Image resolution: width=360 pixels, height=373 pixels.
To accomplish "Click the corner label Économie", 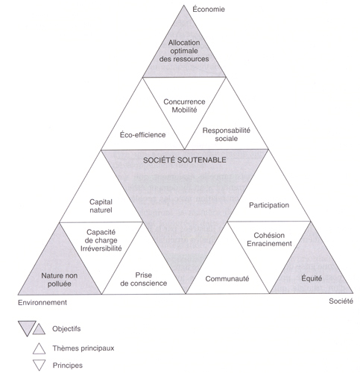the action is [x=209, y=9].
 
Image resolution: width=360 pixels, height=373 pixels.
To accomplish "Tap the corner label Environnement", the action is [x=42, y=302].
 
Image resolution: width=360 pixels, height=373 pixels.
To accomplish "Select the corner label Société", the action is [x=341, y=301].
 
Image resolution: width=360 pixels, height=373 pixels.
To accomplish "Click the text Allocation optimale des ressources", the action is [x=184, y=51].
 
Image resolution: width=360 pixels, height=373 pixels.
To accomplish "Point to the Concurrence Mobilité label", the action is [x=184, y=106].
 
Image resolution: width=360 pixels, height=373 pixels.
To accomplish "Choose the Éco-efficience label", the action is [x=142, y=135].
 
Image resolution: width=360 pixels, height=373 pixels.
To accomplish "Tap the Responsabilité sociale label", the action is [x=227, y=134].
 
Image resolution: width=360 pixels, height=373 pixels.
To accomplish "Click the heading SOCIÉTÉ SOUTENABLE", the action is [x=185, y=160].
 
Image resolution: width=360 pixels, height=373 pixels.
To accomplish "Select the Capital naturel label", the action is [x=101, y=206].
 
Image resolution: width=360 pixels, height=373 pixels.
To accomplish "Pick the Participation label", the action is [x=269, y=205].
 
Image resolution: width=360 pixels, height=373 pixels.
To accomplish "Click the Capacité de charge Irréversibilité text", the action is [x=101, y=240].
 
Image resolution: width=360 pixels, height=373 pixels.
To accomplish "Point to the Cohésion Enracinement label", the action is [x=269, y=239].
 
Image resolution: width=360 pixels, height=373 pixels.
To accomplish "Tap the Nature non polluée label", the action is [x=60, y=280].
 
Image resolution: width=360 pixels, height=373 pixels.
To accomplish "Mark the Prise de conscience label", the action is [x=144, y=279].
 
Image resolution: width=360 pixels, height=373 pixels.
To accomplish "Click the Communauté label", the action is [x=227, y=279].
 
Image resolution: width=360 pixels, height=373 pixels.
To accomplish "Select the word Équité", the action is [x=312, y=278].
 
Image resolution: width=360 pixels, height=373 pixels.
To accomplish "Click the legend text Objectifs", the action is [x=66, y=329].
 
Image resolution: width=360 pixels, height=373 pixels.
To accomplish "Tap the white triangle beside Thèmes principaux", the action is [x=39, y=348].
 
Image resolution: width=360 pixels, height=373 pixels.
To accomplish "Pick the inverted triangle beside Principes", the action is [x=40, y=365].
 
